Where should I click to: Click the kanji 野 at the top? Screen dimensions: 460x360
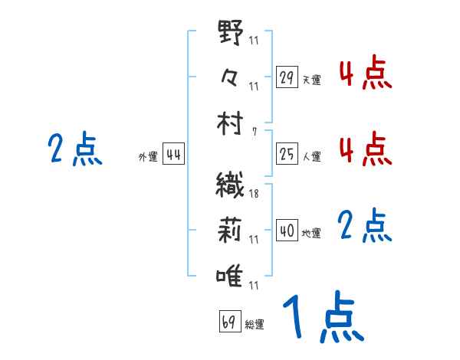click(x=231, y=34)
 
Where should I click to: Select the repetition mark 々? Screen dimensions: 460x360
click(x=231, y=77)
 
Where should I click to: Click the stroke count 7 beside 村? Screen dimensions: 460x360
click(x=255, y=131)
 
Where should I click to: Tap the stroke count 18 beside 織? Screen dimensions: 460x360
click(x=254, y=195)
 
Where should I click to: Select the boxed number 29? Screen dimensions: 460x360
click(x=287, y=77)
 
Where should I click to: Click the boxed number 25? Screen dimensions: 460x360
click(x=287, y=155)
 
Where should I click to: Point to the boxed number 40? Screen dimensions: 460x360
click(x=287, y=231)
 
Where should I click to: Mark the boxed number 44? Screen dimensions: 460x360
click(x=173, y=155)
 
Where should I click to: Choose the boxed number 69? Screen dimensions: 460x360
click(x=229, y=322)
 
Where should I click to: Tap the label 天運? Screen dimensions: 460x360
click(x=311, y=80)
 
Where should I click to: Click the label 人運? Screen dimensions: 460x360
click(x=311, y=157)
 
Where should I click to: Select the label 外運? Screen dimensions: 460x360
click(x=148, y=157)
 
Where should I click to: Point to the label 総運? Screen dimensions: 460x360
click(x=255, y=324)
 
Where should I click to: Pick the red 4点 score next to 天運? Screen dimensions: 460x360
click(x=365, y=73)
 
